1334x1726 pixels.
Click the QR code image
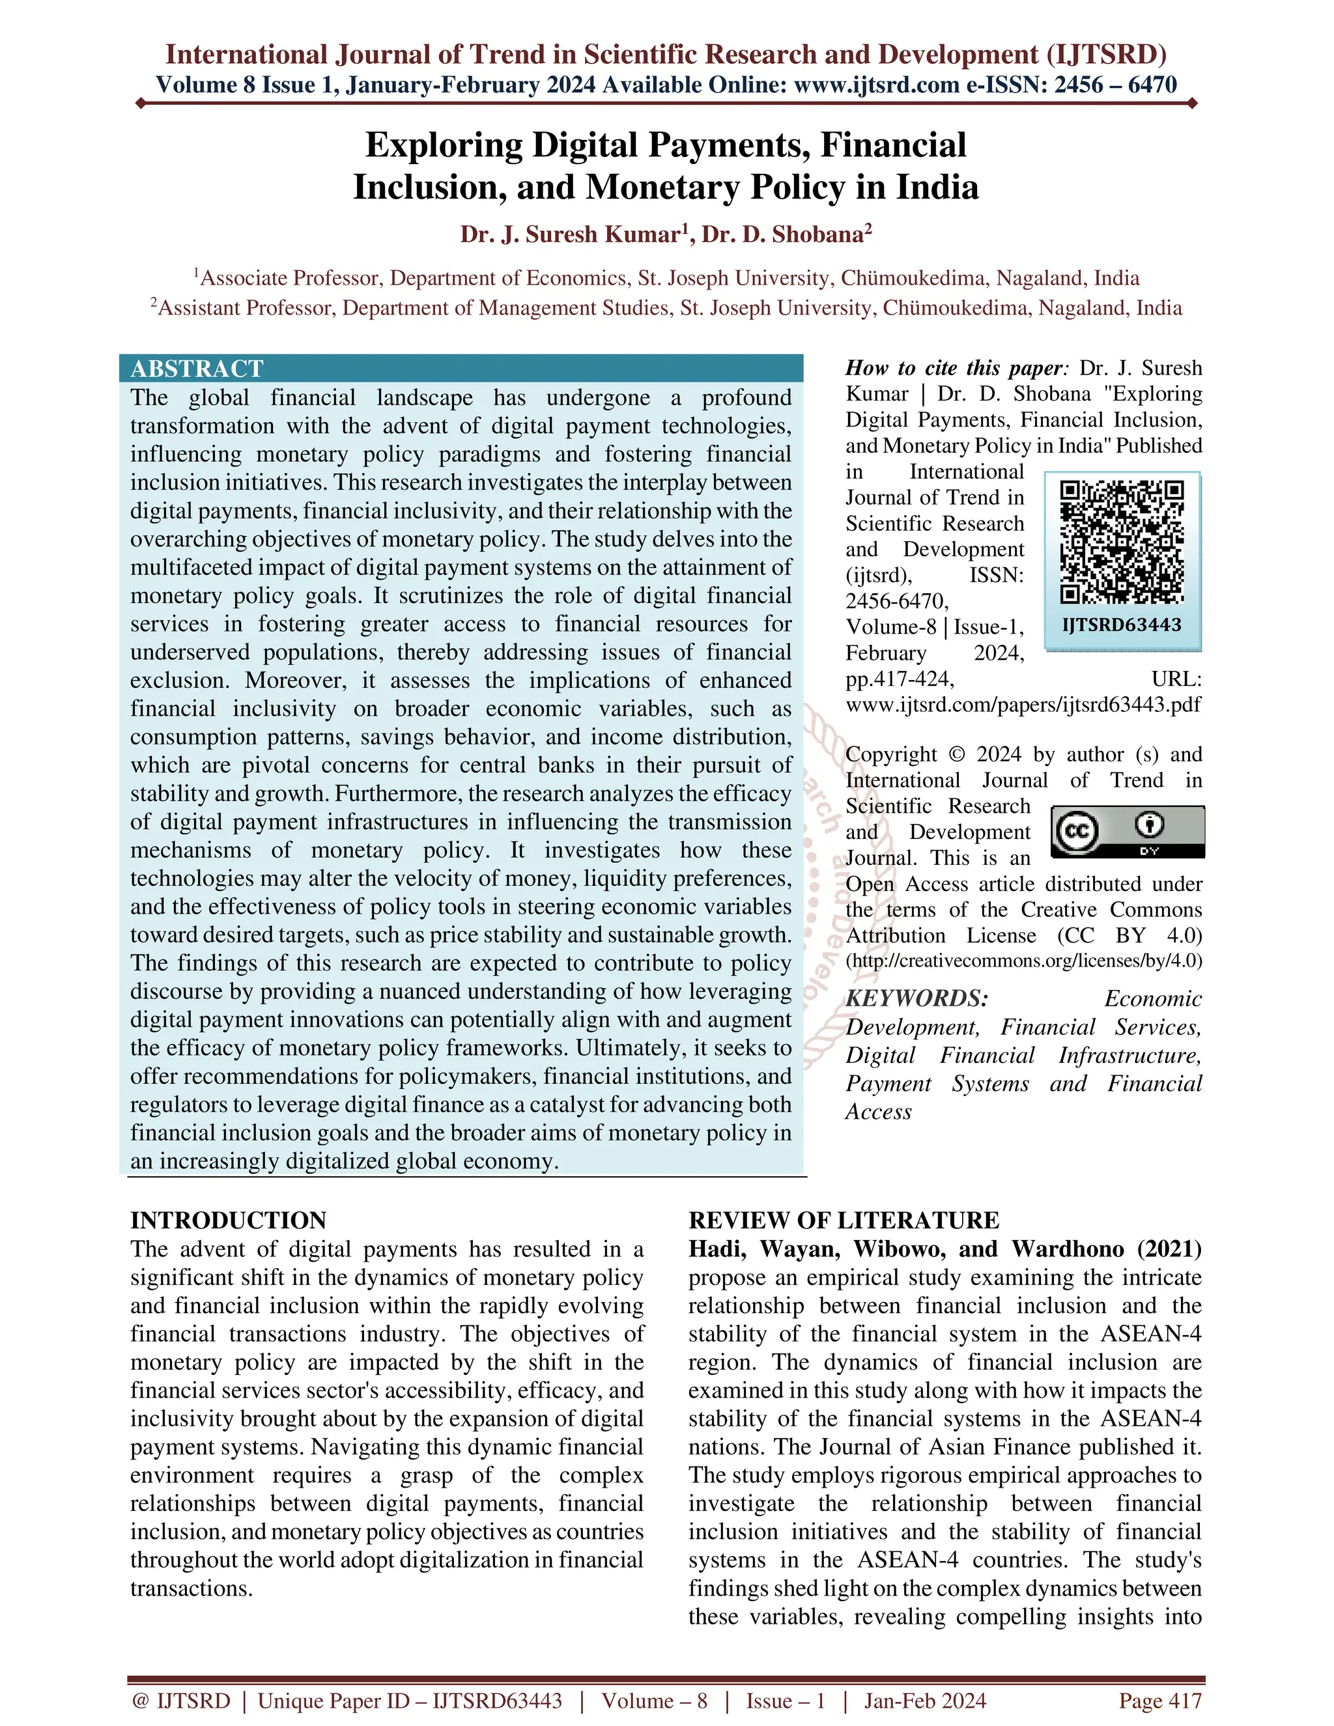coord(1122,541)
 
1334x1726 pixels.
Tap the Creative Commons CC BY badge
coord(1128,831)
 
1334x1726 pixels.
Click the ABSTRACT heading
coord(197,369)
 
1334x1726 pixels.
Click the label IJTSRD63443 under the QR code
coord(1122,625)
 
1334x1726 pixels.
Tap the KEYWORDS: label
coord(916,999)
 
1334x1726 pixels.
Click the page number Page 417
coord(1159,1701)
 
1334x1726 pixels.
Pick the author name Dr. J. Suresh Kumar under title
coord(571,234)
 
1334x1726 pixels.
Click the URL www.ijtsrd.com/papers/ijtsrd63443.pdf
coord(1023,704)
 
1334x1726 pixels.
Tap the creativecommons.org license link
coord(1023,961)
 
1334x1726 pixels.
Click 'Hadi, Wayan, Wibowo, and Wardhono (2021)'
coord(944,1249)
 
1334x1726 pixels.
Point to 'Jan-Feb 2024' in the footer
coord(925,1701)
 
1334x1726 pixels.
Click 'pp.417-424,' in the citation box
coord(900,679)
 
